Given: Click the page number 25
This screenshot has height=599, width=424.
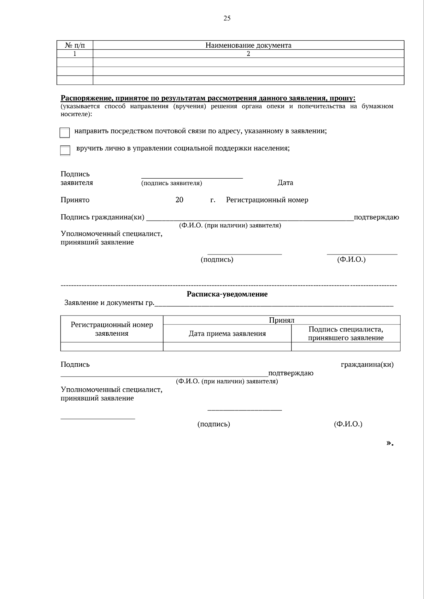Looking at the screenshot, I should (227, 18).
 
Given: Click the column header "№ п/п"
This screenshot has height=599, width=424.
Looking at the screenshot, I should (75, 45).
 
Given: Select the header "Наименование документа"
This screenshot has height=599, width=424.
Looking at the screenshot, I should (248, 45).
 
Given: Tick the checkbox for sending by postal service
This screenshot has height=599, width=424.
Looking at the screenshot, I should (65, 133).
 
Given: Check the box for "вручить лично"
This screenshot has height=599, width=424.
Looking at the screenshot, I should (65, 150).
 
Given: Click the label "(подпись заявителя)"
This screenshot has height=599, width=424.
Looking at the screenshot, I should (172, 183).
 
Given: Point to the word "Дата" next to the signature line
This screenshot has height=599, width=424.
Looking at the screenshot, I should (285, 183).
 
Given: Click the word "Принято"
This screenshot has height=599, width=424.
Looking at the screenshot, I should (75, 200).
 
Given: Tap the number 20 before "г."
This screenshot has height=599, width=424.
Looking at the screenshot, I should (179, 200).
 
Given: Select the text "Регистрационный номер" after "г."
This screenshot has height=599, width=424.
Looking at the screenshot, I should (267, 200).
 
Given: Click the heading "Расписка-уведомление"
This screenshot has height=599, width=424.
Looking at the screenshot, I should (227, 294).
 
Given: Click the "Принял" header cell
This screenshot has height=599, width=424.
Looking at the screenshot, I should (282, 320).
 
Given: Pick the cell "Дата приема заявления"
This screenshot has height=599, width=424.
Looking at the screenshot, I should (227, 334).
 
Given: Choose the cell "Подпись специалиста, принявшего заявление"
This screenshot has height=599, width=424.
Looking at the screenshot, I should (346, 334).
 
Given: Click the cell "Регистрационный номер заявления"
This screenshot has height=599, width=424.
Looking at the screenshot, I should (112, 329).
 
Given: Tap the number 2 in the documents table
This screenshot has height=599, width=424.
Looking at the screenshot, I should (248, 54).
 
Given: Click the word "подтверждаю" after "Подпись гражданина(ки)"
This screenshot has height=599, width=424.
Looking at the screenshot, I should (376, 217).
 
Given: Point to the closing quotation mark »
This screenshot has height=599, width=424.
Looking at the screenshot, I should (390, 443).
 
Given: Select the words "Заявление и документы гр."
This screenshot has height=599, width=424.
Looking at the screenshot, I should (109, 303).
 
